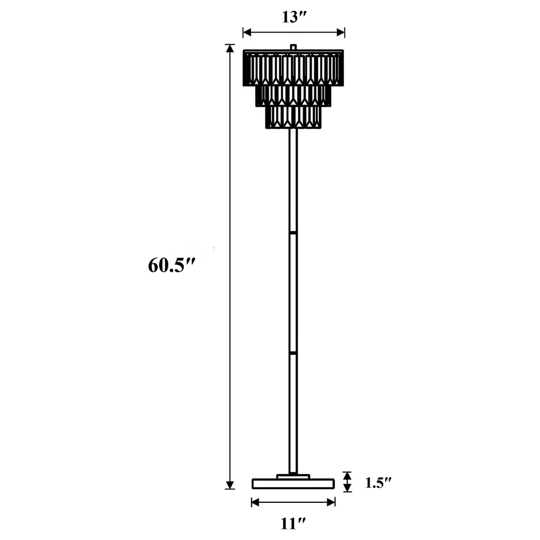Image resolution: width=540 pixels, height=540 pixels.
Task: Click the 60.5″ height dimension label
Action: (x=166, y=266)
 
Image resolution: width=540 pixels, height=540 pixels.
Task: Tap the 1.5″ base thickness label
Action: (x=378, y=483)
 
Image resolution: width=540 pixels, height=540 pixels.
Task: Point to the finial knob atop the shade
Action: (x=293, y=47)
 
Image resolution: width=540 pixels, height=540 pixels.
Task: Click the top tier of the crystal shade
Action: (x=293, y=68)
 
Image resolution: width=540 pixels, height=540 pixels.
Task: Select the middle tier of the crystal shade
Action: (x=293, y=96)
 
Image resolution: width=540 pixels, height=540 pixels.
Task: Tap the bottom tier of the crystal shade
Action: (x=293, y=117)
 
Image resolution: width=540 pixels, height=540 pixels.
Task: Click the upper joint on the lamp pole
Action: (x=293, y=232)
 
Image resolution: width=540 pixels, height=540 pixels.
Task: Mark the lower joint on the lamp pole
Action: (x=293, y=353)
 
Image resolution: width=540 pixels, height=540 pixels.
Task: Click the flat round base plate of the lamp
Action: (x=293, y=484)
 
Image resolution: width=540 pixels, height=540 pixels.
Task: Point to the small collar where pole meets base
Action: (x=293, y=476)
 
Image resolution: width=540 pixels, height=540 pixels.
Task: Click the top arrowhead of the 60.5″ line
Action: (x=229, y=48)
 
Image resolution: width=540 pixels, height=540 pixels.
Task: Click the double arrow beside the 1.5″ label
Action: (x=347, y=482)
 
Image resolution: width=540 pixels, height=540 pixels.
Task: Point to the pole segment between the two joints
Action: (x=293, y=292)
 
